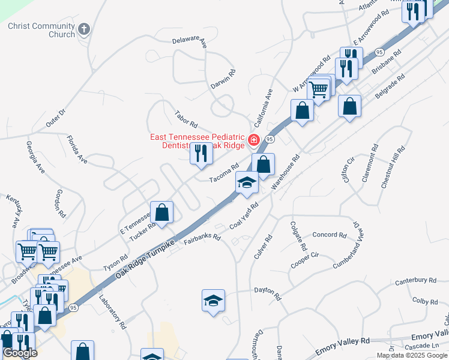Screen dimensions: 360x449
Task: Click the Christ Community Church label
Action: (x=42, y=30)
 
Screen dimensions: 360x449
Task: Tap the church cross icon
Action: (x=85, y=28)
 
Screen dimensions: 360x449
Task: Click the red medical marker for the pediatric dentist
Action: (x=254, y=140)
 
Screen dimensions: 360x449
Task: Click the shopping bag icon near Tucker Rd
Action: (x=161, y=211)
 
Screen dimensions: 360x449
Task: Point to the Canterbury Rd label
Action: (x=415, y=280)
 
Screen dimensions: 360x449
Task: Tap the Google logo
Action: (x=19, y=353)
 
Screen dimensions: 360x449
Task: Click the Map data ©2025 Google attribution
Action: (x=412, y=355)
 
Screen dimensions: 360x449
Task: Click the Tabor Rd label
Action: (x=186, y=119)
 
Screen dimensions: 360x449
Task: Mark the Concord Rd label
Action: (x=330, y=235)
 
